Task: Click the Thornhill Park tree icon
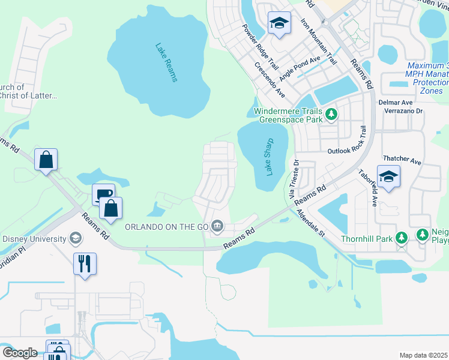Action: (402, 238)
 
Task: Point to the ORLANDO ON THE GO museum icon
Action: (218, 226)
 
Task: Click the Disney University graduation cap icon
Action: (76, 239)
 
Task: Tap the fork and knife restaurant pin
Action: (85, 263)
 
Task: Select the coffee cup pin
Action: (103, 194)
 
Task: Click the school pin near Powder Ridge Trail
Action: (279, 23)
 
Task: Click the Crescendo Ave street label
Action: (270, 80)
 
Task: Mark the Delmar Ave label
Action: (394, 102)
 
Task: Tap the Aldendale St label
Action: (310, 218)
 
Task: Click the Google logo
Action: (20, 353)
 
